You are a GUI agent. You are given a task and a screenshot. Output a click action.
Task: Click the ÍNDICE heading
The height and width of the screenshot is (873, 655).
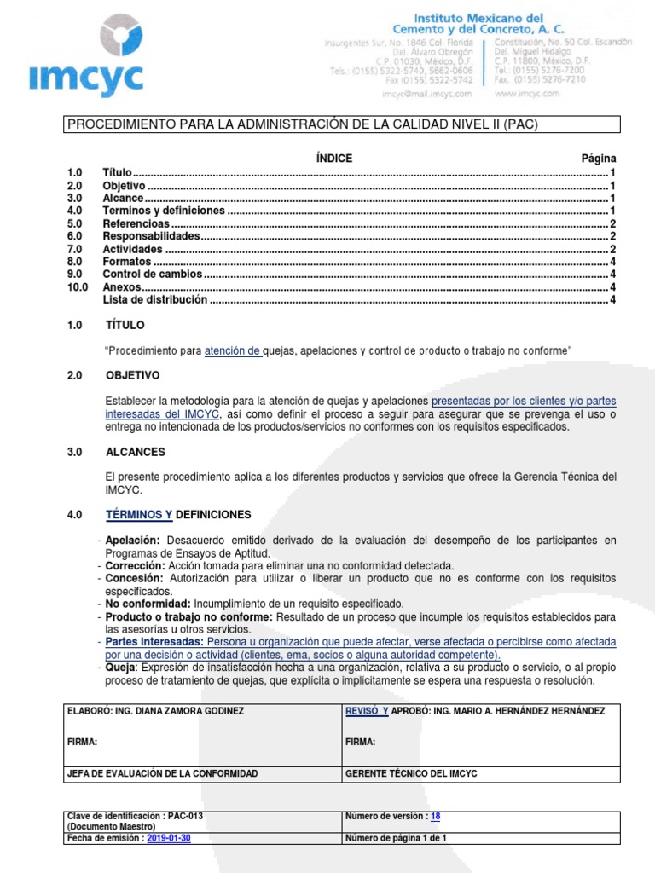point(333,159)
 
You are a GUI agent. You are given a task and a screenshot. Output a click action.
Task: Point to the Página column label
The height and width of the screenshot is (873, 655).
point(598,159)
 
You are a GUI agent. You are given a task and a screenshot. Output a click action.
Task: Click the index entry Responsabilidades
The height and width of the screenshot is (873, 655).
point(151,236)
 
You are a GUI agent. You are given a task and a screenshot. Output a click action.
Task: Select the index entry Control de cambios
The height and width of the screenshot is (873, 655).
point(153,275)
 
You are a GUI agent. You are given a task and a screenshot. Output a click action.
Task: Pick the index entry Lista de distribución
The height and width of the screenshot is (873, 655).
point(154,300)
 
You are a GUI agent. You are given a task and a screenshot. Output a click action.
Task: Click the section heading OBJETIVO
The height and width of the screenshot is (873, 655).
point(132,375)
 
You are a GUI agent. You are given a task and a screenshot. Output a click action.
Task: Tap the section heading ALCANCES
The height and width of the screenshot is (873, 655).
point(135,452)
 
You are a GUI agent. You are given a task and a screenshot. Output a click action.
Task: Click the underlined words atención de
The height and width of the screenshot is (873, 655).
point(233,350)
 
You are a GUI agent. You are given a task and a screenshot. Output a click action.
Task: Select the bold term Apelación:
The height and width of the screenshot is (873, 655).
point(133,541)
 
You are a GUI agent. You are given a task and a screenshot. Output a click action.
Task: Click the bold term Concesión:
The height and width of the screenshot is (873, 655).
point(134,578)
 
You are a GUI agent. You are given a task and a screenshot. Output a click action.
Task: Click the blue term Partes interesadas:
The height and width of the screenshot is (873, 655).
point(154,641)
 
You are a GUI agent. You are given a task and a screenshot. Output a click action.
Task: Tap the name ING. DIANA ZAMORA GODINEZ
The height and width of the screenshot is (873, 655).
point(183,711)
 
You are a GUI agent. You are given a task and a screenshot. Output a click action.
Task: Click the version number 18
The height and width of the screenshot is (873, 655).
point(435,816)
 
